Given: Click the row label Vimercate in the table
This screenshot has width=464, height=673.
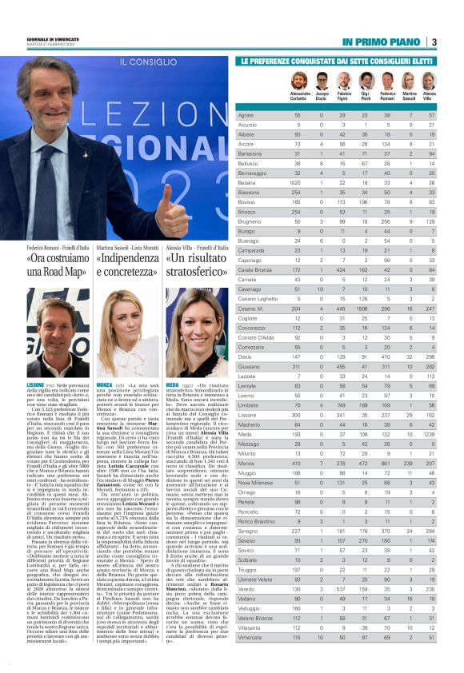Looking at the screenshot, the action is coord(250,659).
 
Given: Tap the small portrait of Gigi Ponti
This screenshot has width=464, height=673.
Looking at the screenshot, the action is coord(366,81).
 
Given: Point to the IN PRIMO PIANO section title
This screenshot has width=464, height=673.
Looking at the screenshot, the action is coord(383,42).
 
